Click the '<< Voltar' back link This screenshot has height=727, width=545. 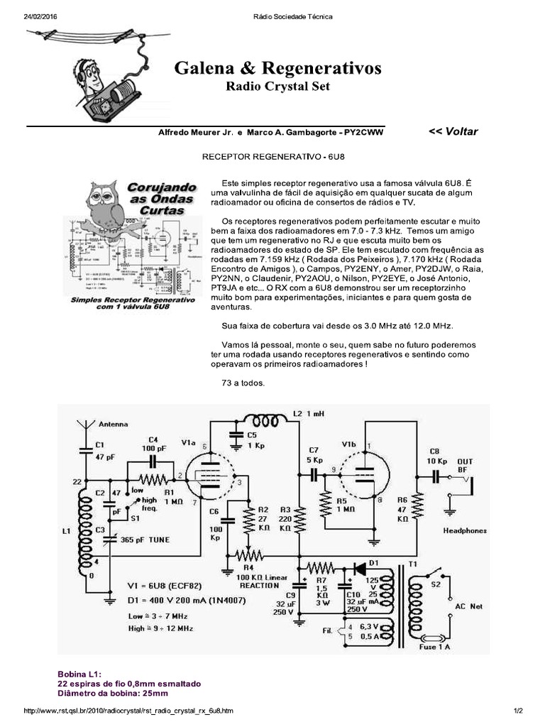pyautogui.click(x=453, y=131)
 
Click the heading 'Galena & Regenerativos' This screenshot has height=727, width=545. pyautogui.click(x=277, y=68)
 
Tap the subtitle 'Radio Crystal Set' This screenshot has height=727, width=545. pyautogui.click(x=277, y=87)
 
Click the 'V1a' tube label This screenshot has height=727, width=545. pyautogui.click(x=188, y=442)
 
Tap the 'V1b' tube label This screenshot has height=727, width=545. pyautogui.click(x=348, y=444)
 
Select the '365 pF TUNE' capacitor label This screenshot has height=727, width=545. pyautogui.click(x=145, y=540)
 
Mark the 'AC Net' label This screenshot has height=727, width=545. pyautogui.click(x=467, y=606)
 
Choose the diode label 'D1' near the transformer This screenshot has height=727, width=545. pyautogui.click(x=373, y=563)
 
